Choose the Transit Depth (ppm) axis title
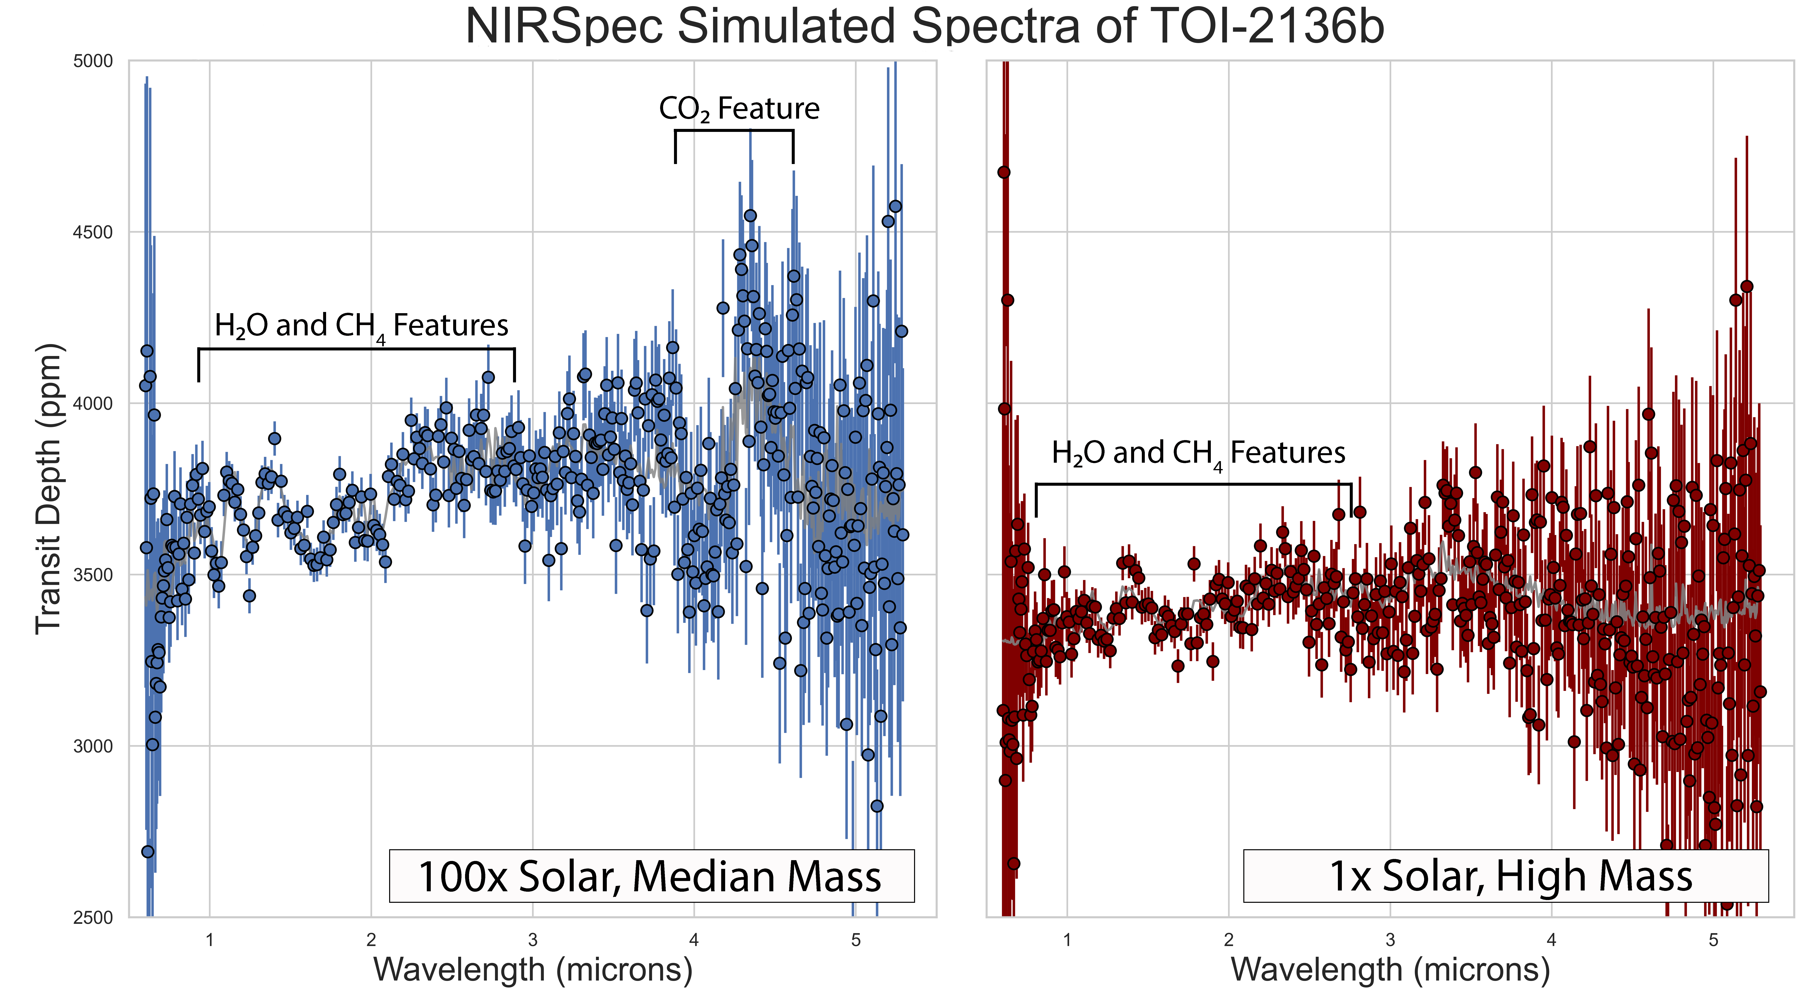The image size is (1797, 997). tap(49, 488)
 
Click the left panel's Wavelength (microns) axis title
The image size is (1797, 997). tap(533, 970)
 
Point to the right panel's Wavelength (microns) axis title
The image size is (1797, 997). tap(1390, 970)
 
